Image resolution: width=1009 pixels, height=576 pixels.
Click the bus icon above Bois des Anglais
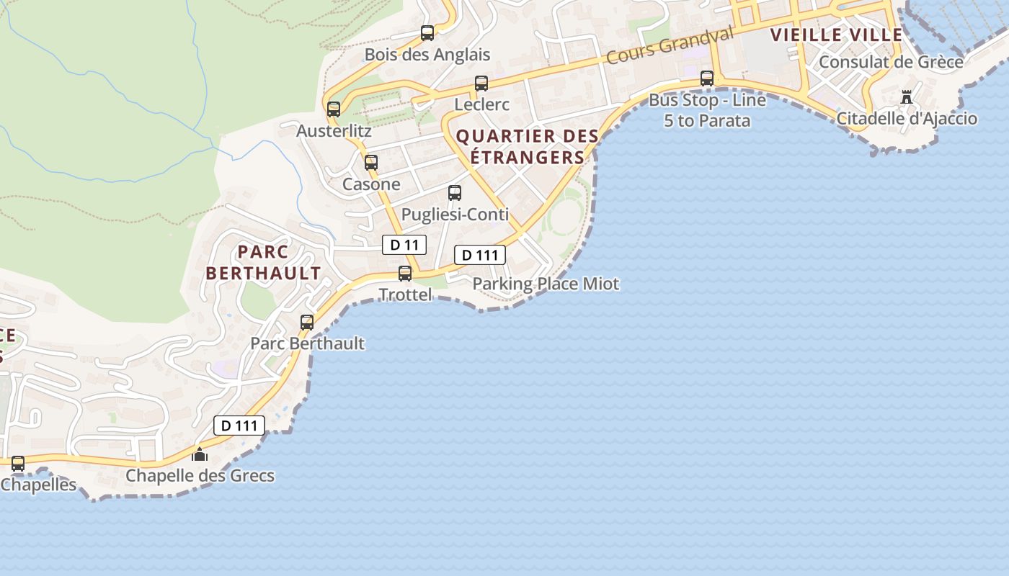coord(427,33)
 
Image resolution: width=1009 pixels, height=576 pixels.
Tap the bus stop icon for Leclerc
coord(481,84)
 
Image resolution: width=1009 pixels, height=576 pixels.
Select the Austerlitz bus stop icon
coord(334,109)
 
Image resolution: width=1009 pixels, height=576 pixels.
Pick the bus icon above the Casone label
coord(371,163)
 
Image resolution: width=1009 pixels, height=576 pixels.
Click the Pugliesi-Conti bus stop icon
coord(455,193)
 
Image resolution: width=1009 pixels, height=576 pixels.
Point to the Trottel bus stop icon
coord(405,274)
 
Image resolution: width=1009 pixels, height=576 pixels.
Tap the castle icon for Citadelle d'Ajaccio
coord(907,96)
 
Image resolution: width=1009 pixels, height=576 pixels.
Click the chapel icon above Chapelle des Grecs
coord(200,454)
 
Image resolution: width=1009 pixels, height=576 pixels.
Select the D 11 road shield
coord(404,245)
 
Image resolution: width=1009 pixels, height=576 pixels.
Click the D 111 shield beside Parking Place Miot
coord(479,255)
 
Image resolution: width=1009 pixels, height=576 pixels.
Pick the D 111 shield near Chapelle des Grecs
coord(239,426)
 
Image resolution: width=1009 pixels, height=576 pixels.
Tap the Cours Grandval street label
coord(670,44)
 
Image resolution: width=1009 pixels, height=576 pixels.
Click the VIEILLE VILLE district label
coord(836,35)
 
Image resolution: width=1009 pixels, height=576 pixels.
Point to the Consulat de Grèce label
coord(891,62)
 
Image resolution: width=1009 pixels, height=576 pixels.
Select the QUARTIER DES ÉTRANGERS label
coord(528,146)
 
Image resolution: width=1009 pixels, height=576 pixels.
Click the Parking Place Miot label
coord(546,284)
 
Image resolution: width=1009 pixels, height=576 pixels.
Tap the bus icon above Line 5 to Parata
coord(707,78)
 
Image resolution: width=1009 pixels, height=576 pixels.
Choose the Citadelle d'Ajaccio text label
coord(907,119)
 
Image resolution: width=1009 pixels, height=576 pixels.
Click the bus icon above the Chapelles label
coord(18,464)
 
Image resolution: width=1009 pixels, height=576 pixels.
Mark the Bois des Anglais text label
coord(427,55)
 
